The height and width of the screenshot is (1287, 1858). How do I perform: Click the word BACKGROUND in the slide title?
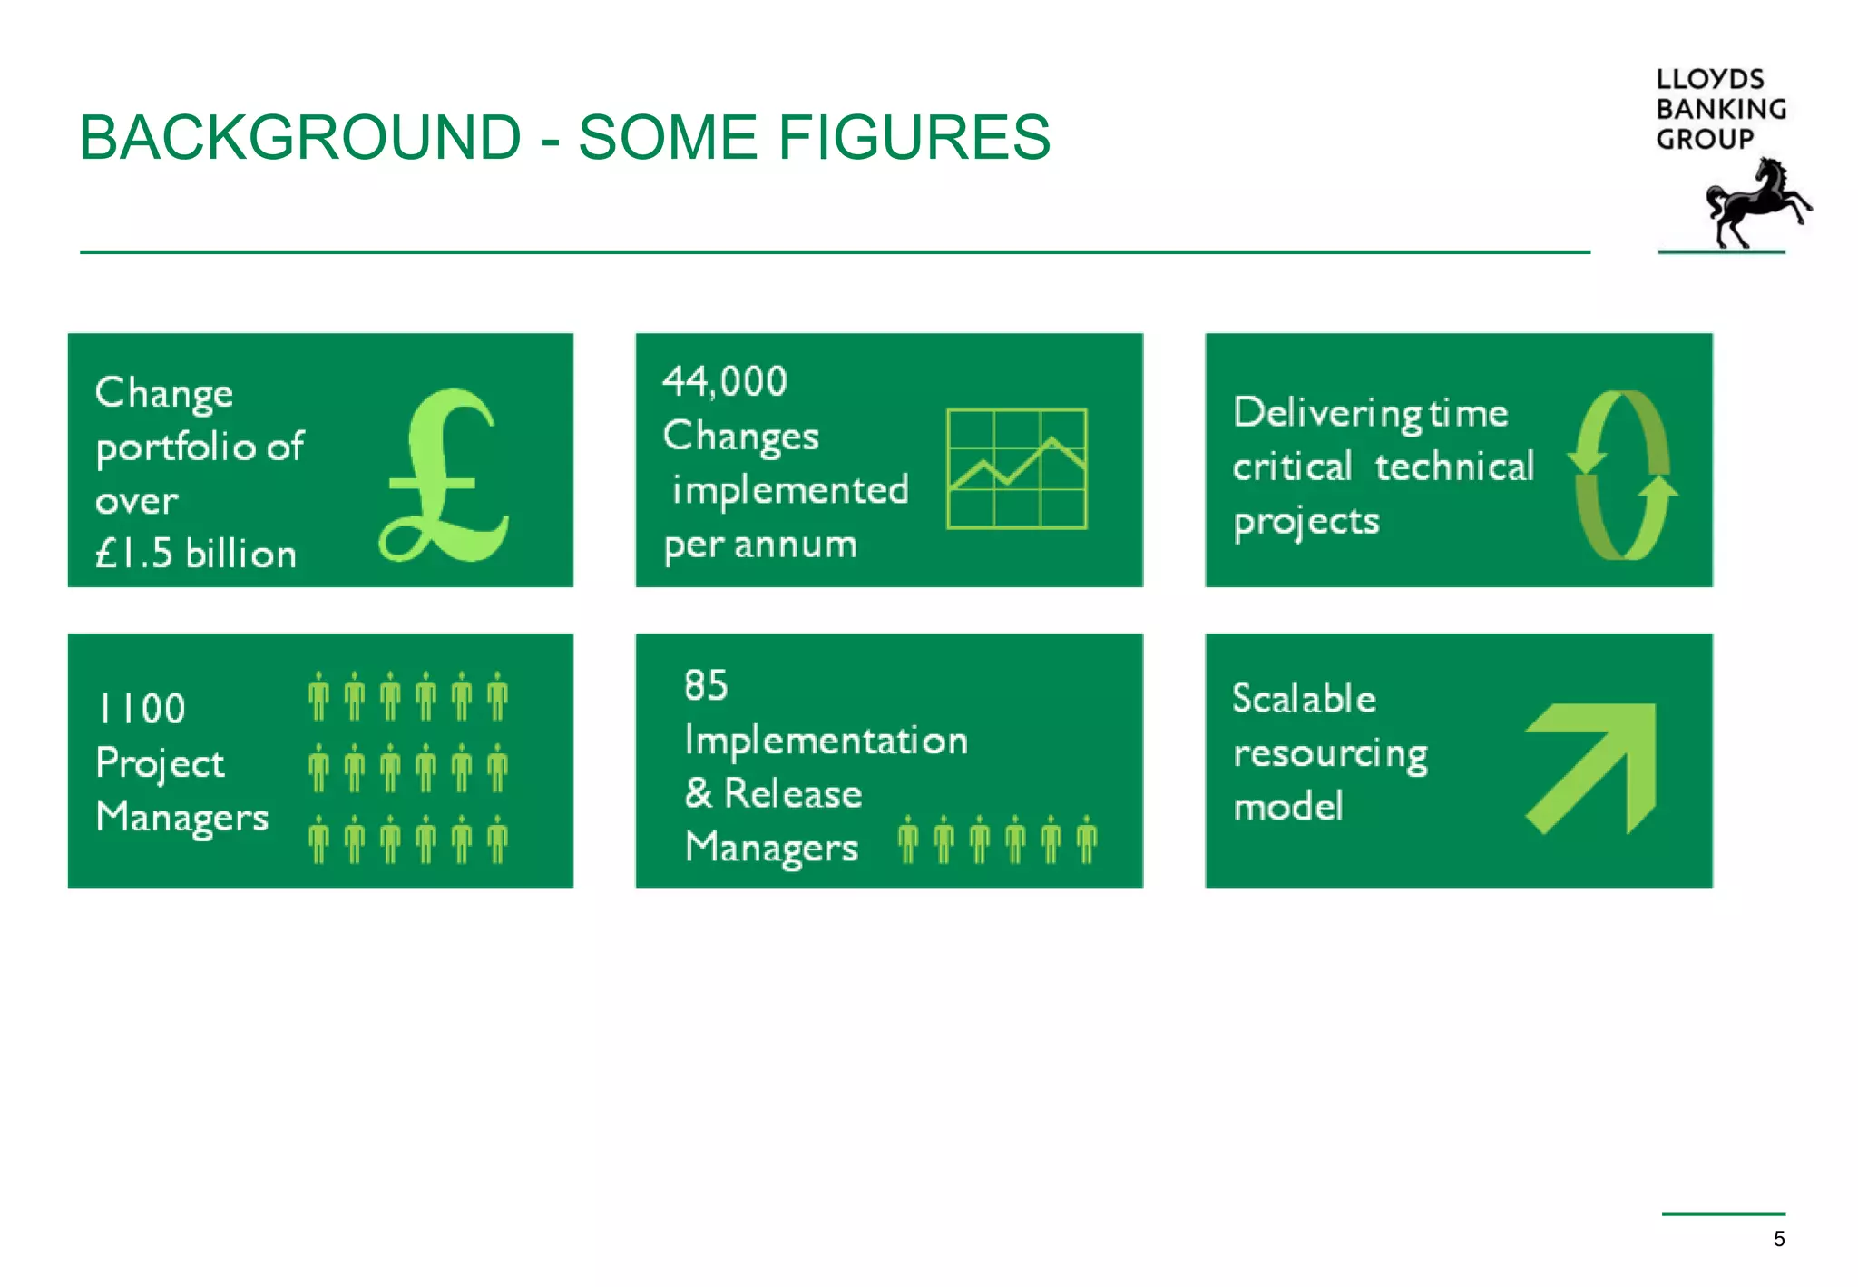click(x=300, y=138)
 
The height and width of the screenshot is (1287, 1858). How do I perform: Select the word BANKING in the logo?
click(x=1721, y=109)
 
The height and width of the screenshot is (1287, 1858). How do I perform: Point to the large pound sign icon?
click(x=445, y=476)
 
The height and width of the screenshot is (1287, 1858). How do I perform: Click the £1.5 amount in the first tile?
click(x=134, y=554)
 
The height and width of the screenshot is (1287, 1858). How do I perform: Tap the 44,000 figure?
click(x=725, y=381)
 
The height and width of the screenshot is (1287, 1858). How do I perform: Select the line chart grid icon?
click(x=1016, y=468)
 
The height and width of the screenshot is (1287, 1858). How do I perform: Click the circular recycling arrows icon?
click(x=1622, y=475)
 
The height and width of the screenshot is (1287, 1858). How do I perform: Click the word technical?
click(x=1454, y=467)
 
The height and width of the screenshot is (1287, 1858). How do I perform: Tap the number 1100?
click(x=142, y=709)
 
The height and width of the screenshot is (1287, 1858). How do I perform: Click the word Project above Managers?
click(x=160, y=764)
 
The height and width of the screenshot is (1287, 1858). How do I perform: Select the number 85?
click(x=706, y=685)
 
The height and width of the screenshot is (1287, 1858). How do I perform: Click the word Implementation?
click(x=826, y=741)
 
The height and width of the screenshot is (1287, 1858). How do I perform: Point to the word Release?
click(x=793, y=794)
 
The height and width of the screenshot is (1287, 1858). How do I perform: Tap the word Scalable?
click(x=1304, y=699)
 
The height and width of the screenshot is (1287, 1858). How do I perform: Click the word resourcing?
click(x=1330, y=754)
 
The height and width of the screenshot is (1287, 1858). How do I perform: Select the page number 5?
click(x=1779, y=1239)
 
